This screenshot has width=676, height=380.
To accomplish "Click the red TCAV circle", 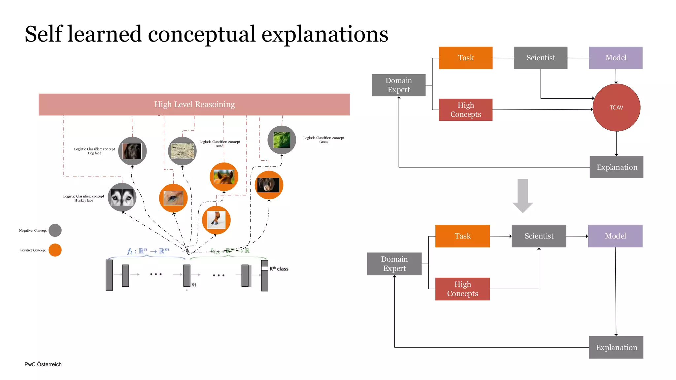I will pyautogui.click(x=616, y=108).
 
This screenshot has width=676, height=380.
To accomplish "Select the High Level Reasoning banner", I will pyautogui.click(x=194, y=104).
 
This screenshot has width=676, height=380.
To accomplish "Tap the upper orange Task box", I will pyautogui.click(x=465, y=58).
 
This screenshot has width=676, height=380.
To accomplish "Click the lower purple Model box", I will pyautogui.click(x=615, y=236).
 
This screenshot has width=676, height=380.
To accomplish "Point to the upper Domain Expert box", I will pyautogui.click(x=398, y=85).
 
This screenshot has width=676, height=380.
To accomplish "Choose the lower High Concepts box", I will pyautogui.click(x=462, y=289).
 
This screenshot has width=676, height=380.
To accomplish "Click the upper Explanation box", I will pyautogui.click(x=616, y=167).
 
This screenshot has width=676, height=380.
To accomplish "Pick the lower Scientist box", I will pyautogui.click(x=539, y=236).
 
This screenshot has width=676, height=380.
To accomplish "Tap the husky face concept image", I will pyautogui.click(x=122, y=197).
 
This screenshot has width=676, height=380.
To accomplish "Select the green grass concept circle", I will pyautogui.click(x=282, y=140).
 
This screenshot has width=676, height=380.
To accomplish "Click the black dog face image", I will pyautogui.click(x=132, y=151).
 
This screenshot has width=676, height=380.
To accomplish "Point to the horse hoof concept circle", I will pyautogui.click(x=216, y=220).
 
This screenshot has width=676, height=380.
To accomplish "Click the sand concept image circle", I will pyautogui.click(x=182, y=151).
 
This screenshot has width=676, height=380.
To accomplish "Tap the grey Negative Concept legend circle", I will pyautogui.click(x=55, y=230).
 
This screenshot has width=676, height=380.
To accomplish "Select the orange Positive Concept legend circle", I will pyautogui.click(x=55, y=250).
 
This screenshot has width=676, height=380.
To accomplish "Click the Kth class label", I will pyautogui.click(x=279, y=269).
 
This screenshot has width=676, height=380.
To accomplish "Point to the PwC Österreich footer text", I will pyautogui.click(x=43, y=364).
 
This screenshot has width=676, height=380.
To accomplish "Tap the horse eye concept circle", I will pyautogui.click(x=173, y=198).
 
